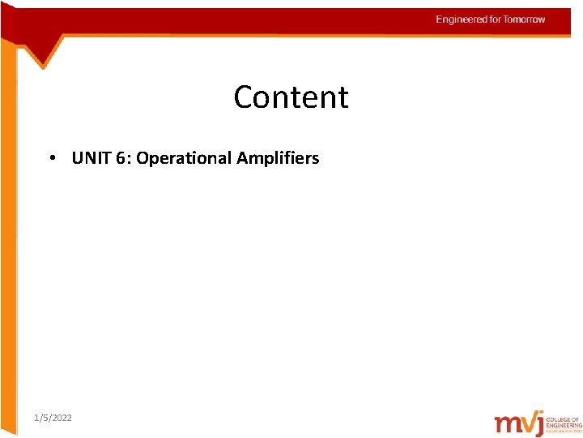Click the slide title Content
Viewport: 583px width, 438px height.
291,97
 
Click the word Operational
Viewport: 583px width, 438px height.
184,158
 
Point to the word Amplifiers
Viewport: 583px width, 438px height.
278,158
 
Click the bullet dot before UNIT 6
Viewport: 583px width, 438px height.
51,158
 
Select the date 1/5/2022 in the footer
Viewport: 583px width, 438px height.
53,418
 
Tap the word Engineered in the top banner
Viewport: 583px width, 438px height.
462,19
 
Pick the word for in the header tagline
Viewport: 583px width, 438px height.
496,19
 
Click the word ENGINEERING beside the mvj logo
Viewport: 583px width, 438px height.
569,423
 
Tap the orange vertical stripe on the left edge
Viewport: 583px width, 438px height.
8,243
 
